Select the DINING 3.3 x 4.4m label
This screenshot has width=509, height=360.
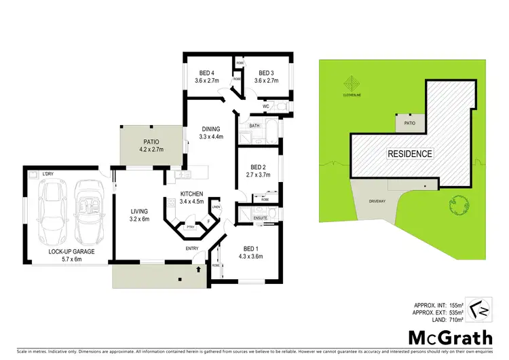211,133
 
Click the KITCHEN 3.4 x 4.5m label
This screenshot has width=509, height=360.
191,197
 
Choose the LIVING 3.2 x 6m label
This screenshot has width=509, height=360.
139,215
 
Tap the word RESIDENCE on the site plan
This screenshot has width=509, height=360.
410,154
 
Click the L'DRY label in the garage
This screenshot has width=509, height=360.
48,175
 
